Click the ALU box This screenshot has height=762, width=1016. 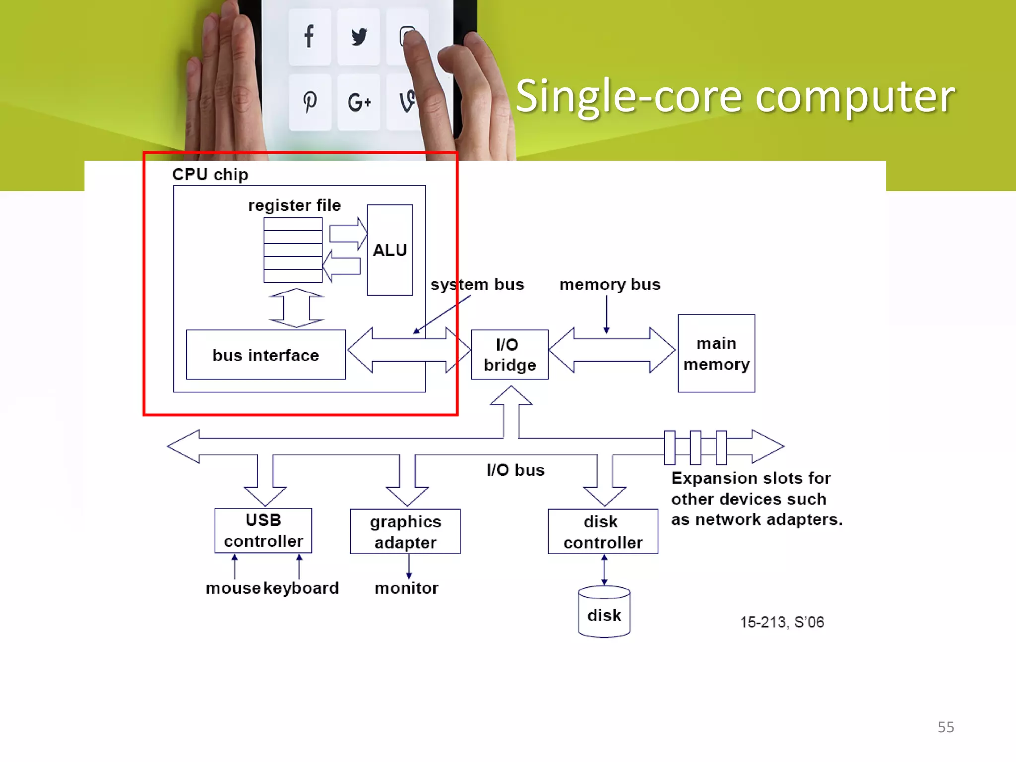click(x=389, y=250)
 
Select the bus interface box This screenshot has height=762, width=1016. click(x=266, y=355)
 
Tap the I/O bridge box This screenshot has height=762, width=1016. click(x=509, y=355)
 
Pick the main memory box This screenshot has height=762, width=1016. click(x=716, y=353)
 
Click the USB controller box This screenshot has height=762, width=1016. click(x=263, y=530)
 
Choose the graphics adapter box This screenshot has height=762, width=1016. click(x=405, y=531)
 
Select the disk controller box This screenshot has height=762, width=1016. click(x=602, y=531)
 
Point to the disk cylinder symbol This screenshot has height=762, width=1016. click(x=604, y=612)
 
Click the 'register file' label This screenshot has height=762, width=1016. click(x=294, y=205)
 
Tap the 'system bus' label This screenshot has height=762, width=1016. click(x=477, y=285)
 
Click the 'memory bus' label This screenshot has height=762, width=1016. click(x=610, y=285)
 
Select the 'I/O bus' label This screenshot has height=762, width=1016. click(x=515, y=470)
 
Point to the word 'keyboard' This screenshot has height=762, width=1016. click(x=301, y=588)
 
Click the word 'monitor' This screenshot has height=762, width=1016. click(x=406, y=588)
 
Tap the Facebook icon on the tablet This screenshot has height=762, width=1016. click(x=309, y=37)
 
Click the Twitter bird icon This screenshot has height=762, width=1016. click(x=359, y=37)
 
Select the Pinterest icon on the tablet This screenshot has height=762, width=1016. click(x=310, y=102)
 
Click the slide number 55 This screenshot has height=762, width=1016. click(x=946, y=727)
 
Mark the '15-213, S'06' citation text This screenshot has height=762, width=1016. click(x=782, y=622)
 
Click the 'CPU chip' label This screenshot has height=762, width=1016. click(x=210, y=175)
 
